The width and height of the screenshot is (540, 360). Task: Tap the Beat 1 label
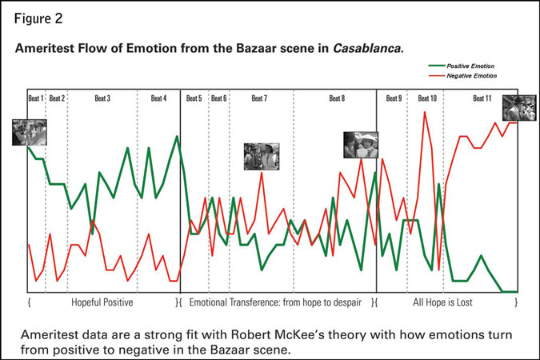pyautogui.click(x=36, y=98)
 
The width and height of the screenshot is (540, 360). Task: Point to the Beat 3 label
pyautogui.click(x=102, y=98)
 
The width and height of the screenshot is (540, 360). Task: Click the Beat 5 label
pyautogui.click(x=194, y=98)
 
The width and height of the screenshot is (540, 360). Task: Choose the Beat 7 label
pyautogui.click(x=259, y=98)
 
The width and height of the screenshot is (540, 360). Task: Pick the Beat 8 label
pyautogui.click(x=337, y=98)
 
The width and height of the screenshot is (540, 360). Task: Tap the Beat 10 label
pyautogui.click(x=427, y=98)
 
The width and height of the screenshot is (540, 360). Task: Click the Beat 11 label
pyautogui.click(x=482, y=98)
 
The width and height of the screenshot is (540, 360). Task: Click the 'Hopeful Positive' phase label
pyautogui.click(x=102, y=303)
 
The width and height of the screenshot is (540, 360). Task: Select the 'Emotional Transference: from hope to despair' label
pyautogui.click(x=276, y=303)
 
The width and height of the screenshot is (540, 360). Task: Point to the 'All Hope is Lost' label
pyautogui.click(x=446, y=303)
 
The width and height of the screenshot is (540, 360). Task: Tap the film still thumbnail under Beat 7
pyautogui.click(x=262, y=155)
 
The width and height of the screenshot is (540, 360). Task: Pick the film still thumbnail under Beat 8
pyautogui.click(x=360, y=145)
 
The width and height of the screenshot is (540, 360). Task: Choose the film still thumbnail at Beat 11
pyautogui.click(x=519, y=108)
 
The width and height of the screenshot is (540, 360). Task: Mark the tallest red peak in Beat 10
pyautogui.click(x=426, y=112)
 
